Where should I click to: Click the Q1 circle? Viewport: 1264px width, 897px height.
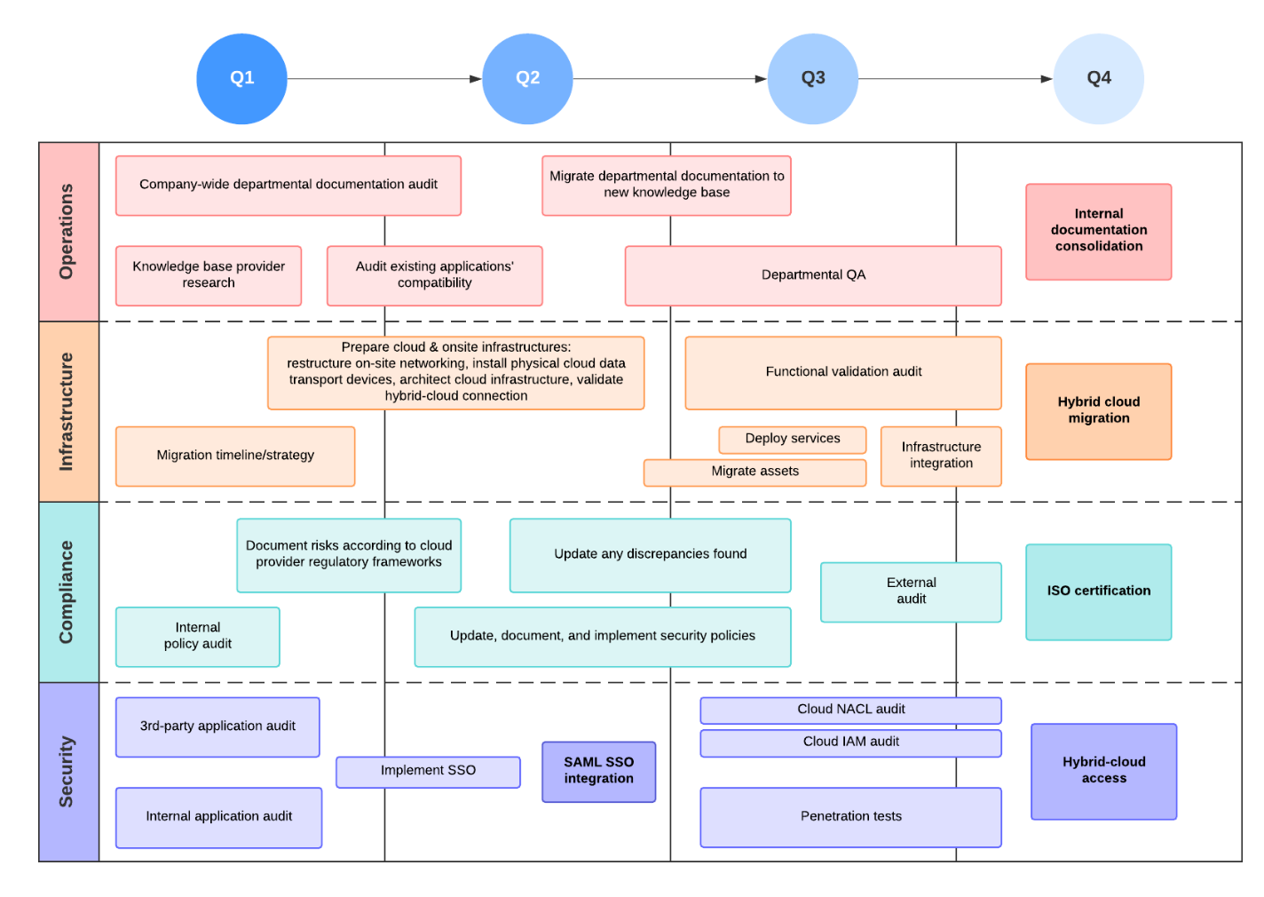pyautogui.click(x=241, y=78)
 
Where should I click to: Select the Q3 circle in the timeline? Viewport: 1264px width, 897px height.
pyautogui.click(x=812, y=78)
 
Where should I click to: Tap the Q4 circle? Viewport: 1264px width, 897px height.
pyautogui.click(x=1098, y=78)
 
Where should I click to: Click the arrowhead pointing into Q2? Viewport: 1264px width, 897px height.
pyautogui.click(x=476, y=79)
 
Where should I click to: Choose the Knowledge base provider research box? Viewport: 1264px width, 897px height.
pyautogui.click(x=209, y=275)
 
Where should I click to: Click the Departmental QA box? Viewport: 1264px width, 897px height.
pyautogui.click(x=813, y=275)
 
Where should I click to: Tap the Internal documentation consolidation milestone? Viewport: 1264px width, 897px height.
pyautogui.click(x=1098, y=231)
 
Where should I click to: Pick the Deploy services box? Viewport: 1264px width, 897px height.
pyautogui.click(x=792, y=439)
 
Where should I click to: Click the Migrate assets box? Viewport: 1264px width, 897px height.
pyautogui.click(x=754, y=472)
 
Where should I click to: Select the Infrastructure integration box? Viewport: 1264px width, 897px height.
pyautogui.click(x=941, y=456)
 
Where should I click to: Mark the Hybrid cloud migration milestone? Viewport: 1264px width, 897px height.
pyautogui.click(x=1098, y=410)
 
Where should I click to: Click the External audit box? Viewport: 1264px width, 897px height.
pyautogui.click(x=911, y=591)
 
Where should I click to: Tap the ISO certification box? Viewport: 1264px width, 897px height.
pyautogui.click(x=1098, y=591)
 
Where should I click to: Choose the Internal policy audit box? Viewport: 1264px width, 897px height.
pyautogui.click(x=197, y=636)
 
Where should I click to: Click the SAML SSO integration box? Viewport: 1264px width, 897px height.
pyautogui.click(x=598, y=771)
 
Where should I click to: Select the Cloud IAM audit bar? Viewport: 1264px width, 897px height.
pyautogui.click(x=850, y=742)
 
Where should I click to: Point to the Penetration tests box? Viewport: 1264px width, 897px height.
pyautogui.click(x=850, y=816)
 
